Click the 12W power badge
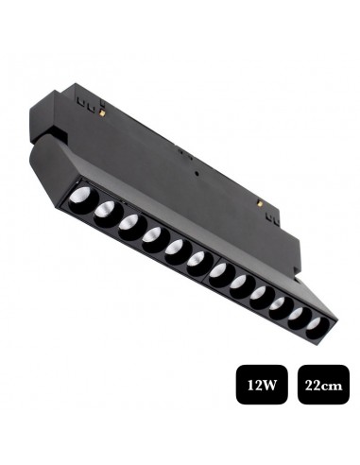click(262, 385)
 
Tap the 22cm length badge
click(323, 385)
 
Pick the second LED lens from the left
click(105, 210)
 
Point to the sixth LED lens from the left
click(197, 260)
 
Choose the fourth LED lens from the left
click(152, 235)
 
